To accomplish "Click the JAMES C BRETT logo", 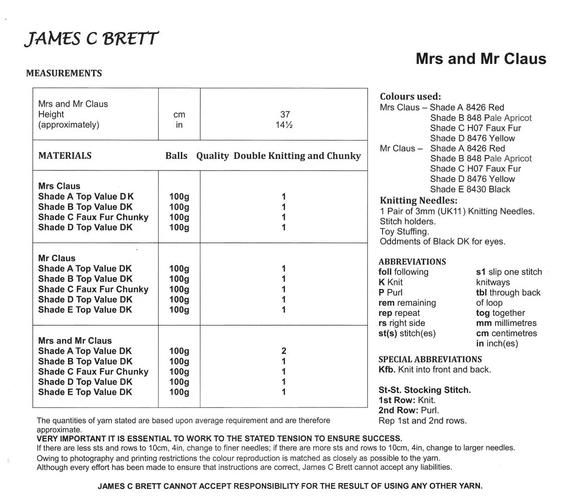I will coord(91,38).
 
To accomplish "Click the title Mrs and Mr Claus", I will coord(480,59).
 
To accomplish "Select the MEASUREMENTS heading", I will coord(64,73).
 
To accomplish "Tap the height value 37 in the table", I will coord(285,114).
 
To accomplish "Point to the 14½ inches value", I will coord(285,125).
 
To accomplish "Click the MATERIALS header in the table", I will coord(65,156).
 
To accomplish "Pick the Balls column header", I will coord(176,156).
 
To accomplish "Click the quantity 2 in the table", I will coord(284,351).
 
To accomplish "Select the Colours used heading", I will coord(410,96).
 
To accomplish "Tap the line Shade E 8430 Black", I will coord(470,189).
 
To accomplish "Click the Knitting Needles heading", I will coord(418,201).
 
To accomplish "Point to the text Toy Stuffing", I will coord(404,232).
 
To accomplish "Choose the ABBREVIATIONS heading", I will coord(412,262).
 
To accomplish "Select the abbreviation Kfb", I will coord(387,370).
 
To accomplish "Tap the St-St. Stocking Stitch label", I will coord(424,390).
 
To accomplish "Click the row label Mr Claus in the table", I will coord(57,258).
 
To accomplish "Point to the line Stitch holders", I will coord(407,221).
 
